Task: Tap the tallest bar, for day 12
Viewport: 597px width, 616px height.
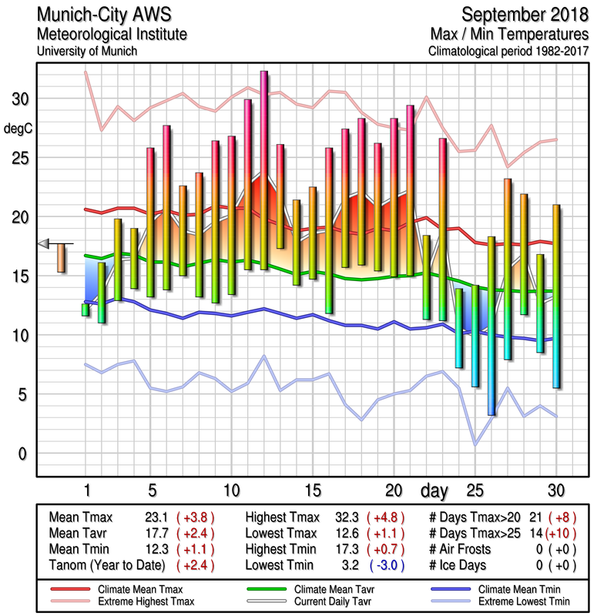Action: (x=263, y=169)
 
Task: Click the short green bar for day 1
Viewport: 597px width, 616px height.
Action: (x=86, y=310)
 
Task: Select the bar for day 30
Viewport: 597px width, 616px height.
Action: (x=556, y=296)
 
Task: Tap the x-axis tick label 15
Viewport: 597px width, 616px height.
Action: (x=312, y=490)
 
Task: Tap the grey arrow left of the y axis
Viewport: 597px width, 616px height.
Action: (x=44, y=243)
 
